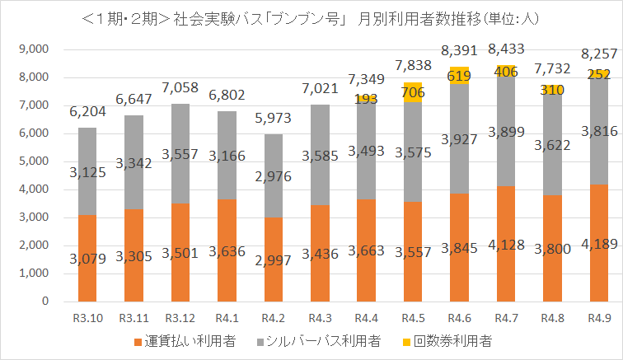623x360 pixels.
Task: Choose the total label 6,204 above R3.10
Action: click(x=93, y=111)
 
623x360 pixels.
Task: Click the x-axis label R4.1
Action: click(x=227, y=317)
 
